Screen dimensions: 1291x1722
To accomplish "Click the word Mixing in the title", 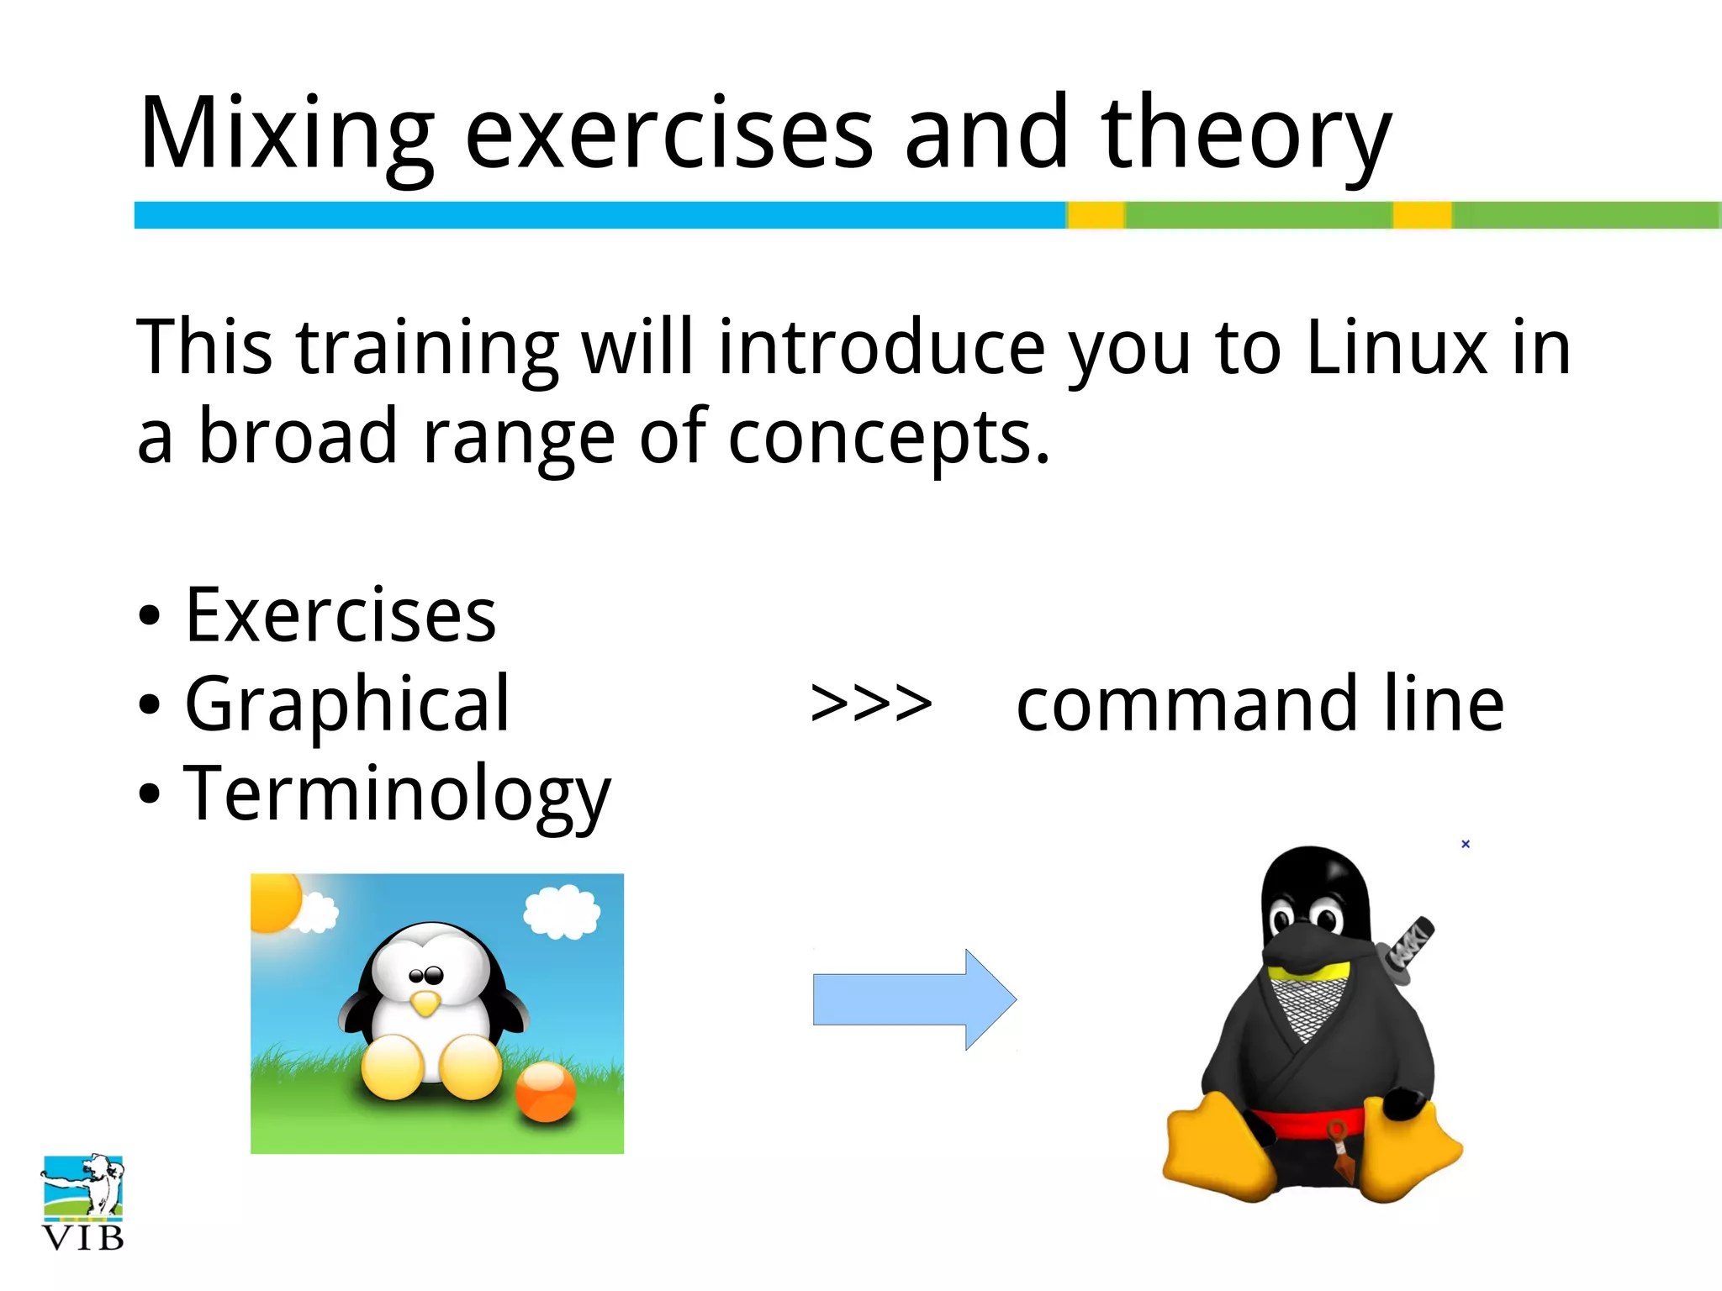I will (x=286, y=134).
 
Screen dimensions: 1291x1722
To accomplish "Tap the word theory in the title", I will (x=1245, y=134).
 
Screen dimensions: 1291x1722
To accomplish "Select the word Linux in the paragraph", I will (x=1397, y=347).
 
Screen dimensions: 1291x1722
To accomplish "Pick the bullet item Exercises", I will (x=340, y=616).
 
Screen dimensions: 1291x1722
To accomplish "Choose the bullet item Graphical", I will (x=346, y=704).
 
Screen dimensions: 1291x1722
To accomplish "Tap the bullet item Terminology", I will (x=396, y=794).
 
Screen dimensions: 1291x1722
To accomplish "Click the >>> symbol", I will (x=871, y=704).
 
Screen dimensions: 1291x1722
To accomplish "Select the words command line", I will (x=1260, y=704).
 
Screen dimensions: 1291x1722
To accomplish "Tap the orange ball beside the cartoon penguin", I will (x=546, y=1091).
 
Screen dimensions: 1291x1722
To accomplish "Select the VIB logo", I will (x=82, y=1203).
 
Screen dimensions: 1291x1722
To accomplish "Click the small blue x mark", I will (x=1466, y=844).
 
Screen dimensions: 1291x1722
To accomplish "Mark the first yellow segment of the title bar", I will (x=1096, y=215).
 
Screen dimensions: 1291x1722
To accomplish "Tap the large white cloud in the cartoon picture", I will (x=562, y=911).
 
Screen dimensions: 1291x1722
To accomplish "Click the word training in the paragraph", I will (x=427, y=347).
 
